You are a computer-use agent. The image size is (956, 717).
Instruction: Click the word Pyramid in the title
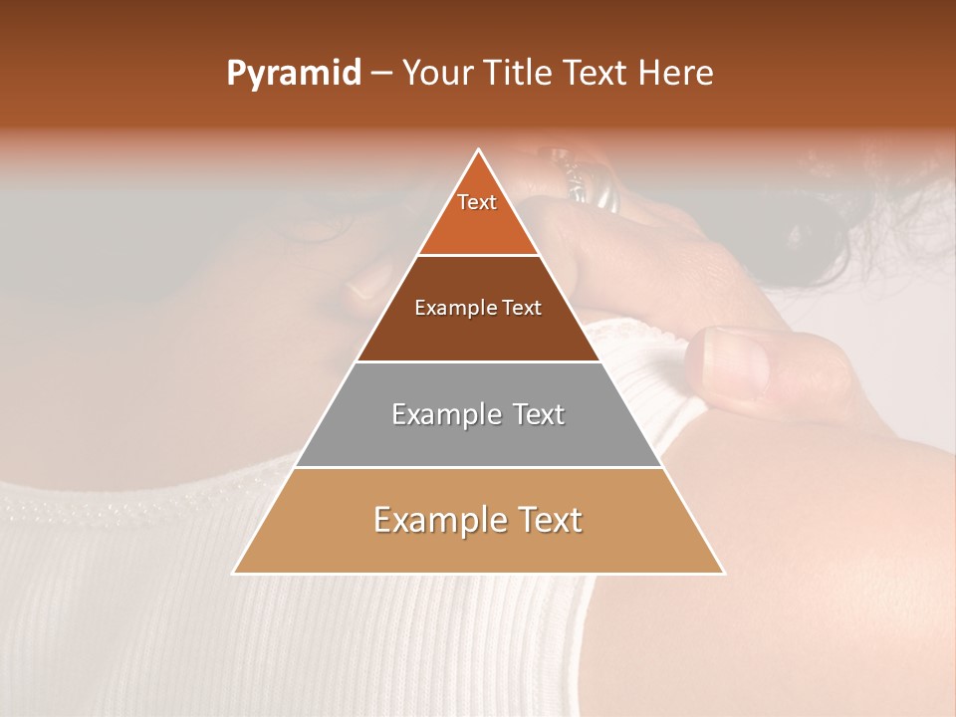coord(293,74)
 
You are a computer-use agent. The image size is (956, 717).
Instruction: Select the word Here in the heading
coord(676,74)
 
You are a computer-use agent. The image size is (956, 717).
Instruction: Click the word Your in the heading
coord(439,74)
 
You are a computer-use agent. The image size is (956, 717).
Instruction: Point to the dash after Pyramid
coord(381,74)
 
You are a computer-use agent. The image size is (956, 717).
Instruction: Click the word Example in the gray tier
coord(442,414)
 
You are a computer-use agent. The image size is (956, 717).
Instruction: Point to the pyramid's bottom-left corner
coord(234,573)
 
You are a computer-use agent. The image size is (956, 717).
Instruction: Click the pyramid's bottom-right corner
coord(724,573)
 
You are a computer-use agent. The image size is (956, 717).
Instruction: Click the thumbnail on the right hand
coord(734,358)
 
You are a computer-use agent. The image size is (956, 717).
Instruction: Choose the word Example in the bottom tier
coord(431,520)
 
